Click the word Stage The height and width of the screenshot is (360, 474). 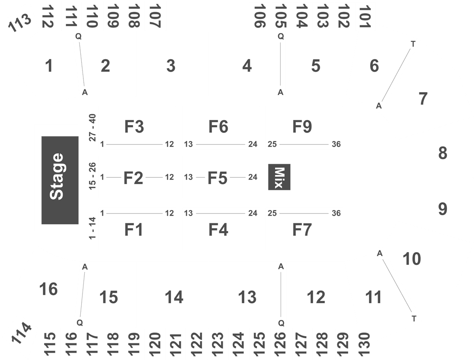[x=57, y=176]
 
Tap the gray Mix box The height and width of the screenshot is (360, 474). [x=279, y=177]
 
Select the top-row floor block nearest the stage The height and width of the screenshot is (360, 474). [x=137, y=128]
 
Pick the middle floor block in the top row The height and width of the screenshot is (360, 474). [x=221, y=128]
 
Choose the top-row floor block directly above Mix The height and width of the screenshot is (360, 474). [x=304, y=128]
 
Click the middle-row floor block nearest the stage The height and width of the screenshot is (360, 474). [x=137, y=176]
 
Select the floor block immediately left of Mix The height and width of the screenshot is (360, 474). [x=221, y=176]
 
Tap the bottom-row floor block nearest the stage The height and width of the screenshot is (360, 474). [x=137, y=228]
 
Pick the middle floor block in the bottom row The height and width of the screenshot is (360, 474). [x=221, y=228]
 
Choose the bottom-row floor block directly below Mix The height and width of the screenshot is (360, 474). [x=304, y=228]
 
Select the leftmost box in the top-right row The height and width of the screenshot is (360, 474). [x=260, y=16]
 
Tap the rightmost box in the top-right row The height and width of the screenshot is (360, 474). [x=365, y=16]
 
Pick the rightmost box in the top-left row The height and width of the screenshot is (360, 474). [x=156, y=16]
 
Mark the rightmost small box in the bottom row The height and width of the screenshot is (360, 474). [x=365, y=344]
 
